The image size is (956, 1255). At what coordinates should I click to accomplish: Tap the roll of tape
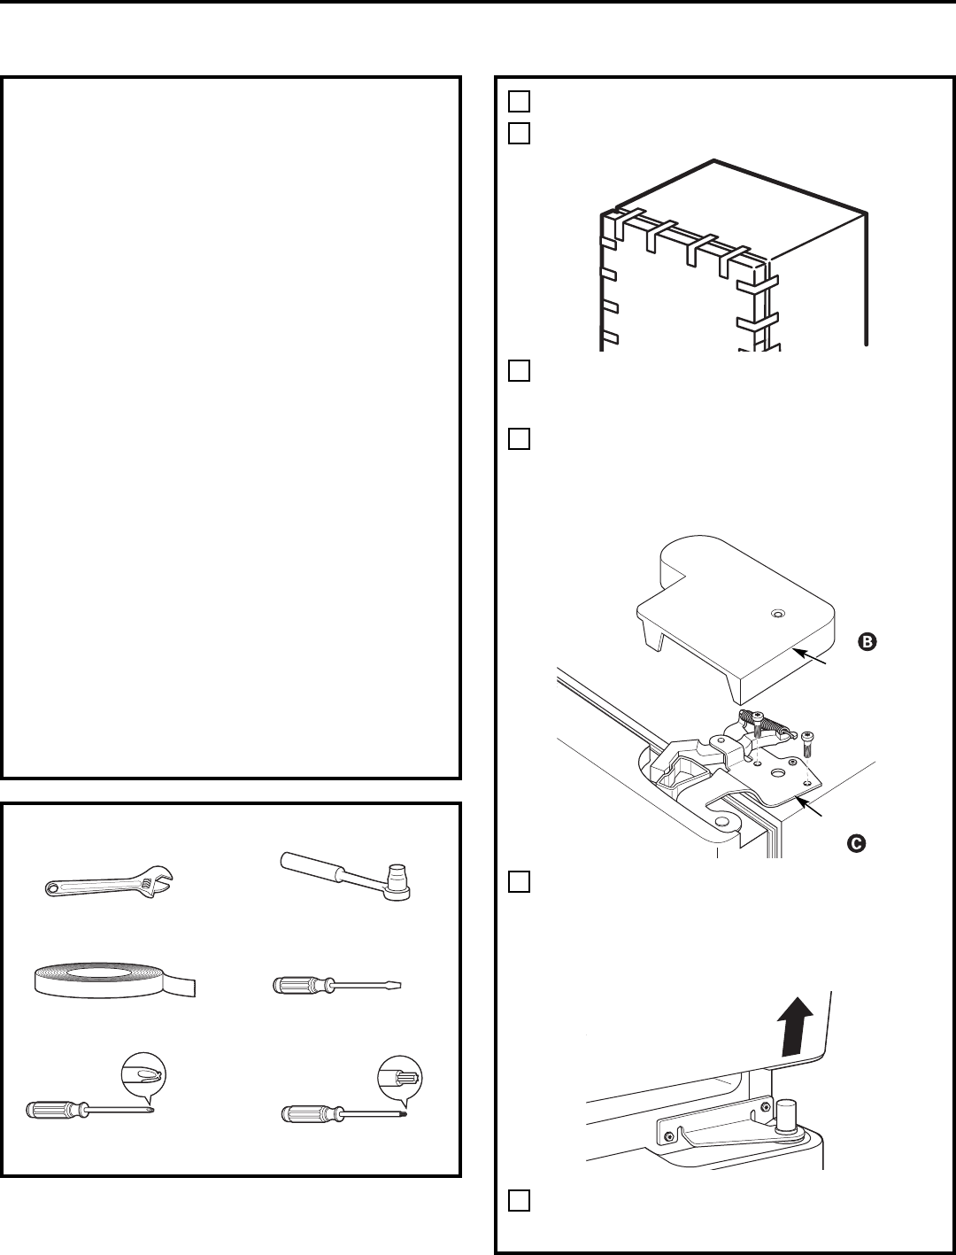(106, 981)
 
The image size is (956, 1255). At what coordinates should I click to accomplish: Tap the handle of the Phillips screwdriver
(53, 1110)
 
